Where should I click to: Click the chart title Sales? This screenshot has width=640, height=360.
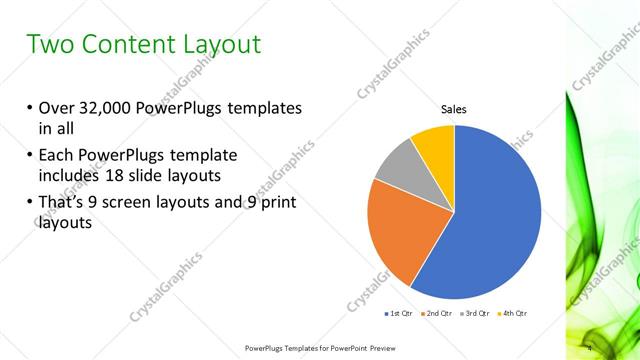454,109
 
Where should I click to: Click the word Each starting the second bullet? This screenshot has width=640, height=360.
58,155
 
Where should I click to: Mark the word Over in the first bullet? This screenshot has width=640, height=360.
58,108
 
